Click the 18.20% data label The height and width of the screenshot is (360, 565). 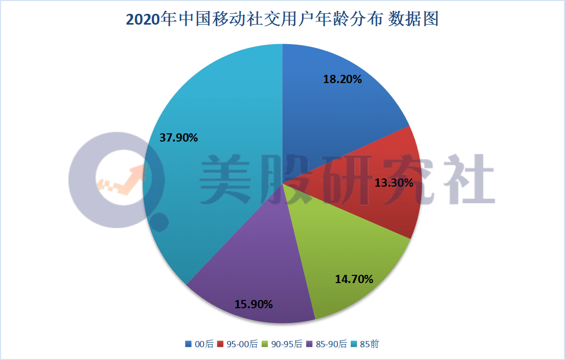click(x=342, y=79)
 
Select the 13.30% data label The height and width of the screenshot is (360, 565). click(x=394, y=182)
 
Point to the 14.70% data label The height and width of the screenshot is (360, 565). click(x=354, y=279)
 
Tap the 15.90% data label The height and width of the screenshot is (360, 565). click(x=253, y=304)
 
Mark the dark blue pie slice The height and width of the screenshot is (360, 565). click(x=333, y=103)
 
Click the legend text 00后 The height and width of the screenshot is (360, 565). click(x=204, y=344)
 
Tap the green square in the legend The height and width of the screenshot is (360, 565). click(x=265, y=344)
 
